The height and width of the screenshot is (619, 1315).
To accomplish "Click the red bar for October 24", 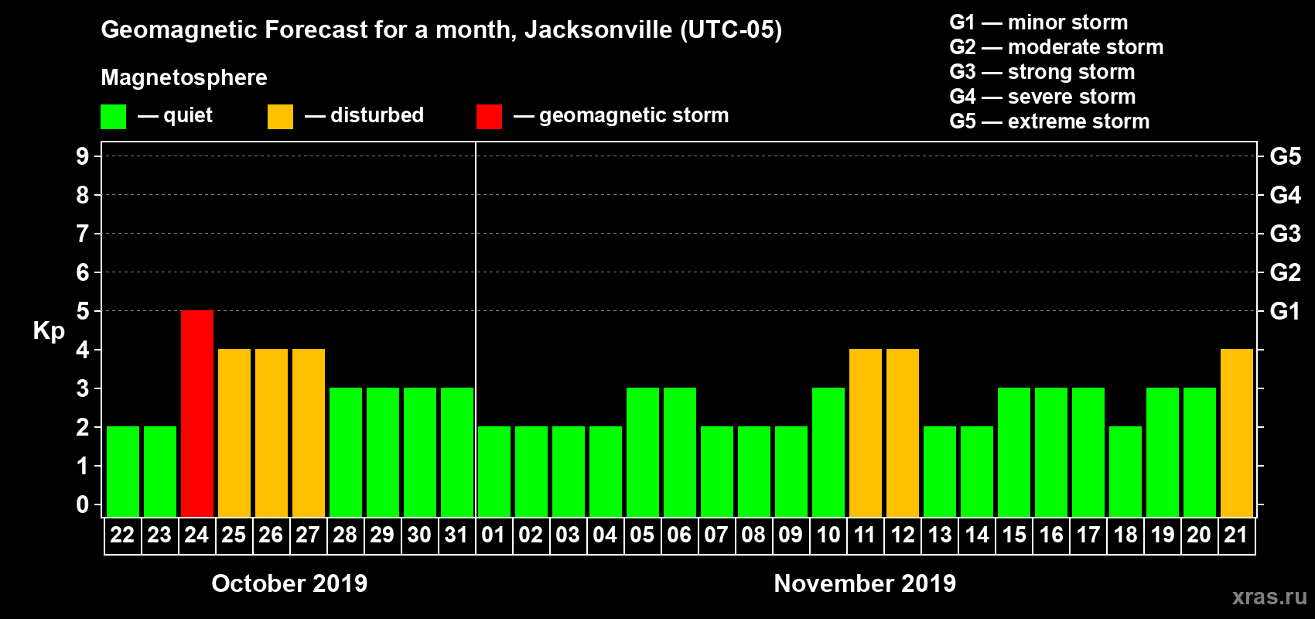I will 197,413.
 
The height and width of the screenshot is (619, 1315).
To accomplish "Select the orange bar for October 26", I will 272,433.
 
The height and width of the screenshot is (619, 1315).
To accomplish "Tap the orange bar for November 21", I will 1237,433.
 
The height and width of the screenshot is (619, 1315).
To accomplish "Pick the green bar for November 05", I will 643,452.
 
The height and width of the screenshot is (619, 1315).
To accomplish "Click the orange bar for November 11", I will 866,433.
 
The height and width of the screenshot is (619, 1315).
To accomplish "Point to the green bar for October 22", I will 123,471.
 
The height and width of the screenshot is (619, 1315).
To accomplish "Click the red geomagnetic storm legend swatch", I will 489,117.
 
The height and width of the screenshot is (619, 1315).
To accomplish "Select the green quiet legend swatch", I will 114,117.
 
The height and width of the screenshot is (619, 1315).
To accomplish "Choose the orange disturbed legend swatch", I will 280,117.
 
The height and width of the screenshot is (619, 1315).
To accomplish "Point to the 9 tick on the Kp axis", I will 83,156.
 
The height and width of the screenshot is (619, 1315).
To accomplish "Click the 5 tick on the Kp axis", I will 83,311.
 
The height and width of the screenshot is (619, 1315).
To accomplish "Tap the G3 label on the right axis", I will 1285,234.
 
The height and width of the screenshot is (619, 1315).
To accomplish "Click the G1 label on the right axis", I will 1285,311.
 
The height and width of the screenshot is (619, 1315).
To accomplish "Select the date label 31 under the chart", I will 456,535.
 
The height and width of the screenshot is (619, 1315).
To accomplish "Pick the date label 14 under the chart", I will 977,535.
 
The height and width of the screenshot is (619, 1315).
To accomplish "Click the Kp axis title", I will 49,331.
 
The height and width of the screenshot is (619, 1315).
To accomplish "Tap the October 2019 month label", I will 289,583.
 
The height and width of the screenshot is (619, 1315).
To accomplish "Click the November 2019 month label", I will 865,583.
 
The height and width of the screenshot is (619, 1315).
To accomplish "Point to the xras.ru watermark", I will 1269,597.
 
